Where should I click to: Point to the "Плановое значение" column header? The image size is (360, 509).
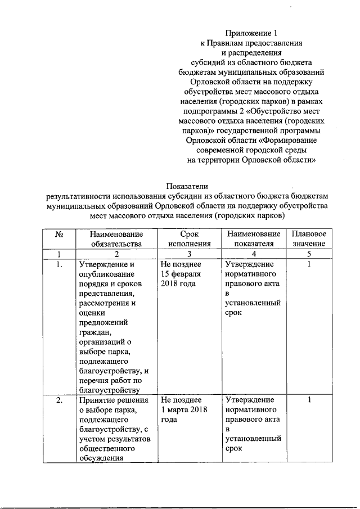point(309,238)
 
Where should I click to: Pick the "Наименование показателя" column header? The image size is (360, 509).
point(252,238)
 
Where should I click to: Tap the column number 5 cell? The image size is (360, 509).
point(309,254)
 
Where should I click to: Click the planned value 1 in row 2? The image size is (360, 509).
point(309,400)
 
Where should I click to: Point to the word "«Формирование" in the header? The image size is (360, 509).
point(289,139)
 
